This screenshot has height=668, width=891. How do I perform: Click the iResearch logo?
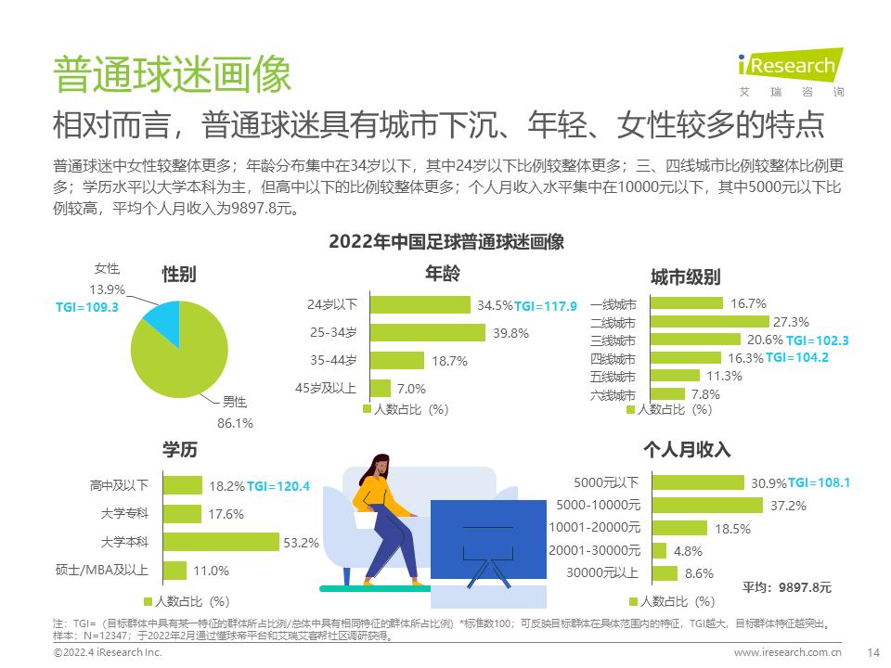790,66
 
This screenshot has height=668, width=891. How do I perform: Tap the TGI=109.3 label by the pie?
87,307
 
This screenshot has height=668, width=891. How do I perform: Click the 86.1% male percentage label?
235,422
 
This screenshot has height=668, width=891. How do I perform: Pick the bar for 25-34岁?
428,333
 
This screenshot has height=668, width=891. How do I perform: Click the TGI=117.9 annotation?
546,305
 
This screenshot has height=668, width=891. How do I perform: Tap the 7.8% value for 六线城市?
705,393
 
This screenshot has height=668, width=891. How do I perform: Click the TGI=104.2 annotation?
796,357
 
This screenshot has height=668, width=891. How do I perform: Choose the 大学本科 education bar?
221,542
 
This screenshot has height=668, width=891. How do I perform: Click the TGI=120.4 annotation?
278,485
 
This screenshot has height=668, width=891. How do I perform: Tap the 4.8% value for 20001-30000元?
687,550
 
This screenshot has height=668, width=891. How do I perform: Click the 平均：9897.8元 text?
787,587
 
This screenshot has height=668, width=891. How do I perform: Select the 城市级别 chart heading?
685,277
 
